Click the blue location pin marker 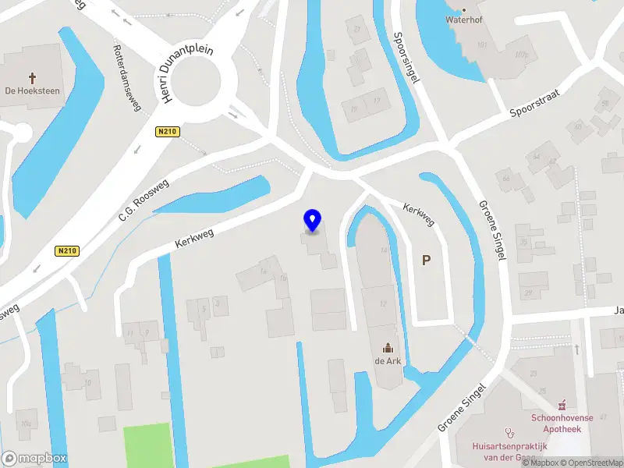[x=312, y=221]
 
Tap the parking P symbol [x=426, y=261]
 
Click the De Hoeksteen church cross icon [x=33, y=77]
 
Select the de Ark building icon [x=388, y=348]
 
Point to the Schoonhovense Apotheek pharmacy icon [x=561, y=404]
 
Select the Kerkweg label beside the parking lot [x=419, y=214]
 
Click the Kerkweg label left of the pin [x=194, y=236]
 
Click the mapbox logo [x=34, y=459]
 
